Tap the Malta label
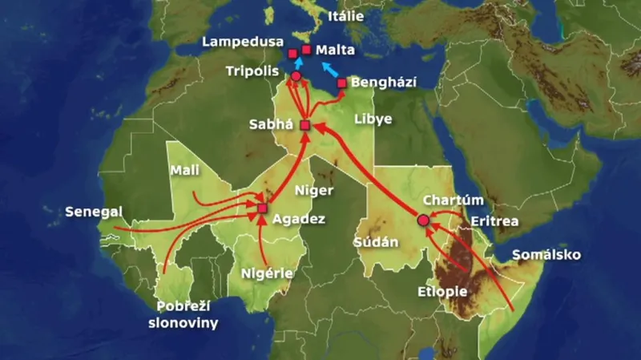(336, 50)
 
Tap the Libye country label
(373, 119)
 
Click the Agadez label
(298, 219)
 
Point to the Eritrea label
(494, 220)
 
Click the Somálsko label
(546, 255)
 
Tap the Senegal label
(95, 212)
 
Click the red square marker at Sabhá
(304, 125)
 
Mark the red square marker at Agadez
(262, 209)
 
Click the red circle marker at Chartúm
(423, 220)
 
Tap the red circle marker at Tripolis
(296, 76)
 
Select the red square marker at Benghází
(342, 83)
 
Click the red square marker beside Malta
(306, 49)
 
